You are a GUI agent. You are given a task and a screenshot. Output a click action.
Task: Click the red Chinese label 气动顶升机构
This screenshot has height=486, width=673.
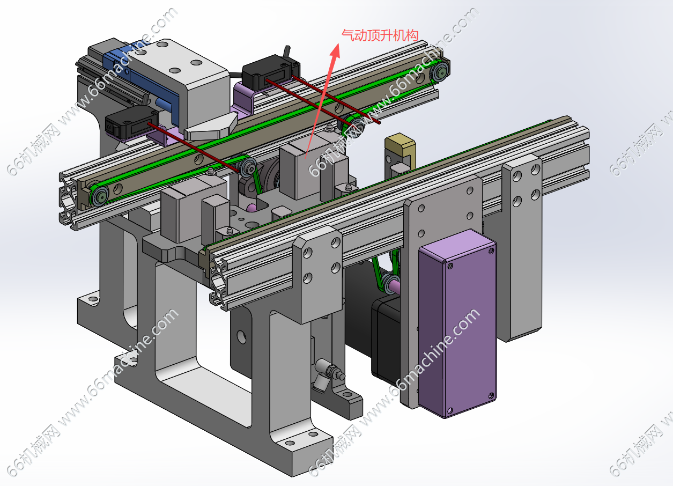click(380, 35)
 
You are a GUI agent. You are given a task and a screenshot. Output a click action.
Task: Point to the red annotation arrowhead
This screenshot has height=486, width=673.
click(336, 51)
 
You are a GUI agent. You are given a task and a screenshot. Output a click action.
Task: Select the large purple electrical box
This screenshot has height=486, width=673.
click(457, 323)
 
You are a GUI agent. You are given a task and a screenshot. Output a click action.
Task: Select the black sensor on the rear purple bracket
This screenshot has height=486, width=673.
click(270, 72)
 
